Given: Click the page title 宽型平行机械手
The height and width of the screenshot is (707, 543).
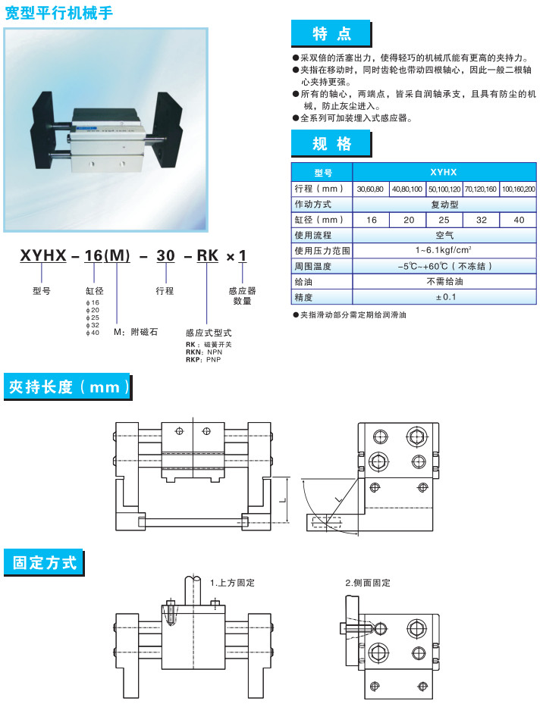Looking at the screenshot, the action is [58, 13].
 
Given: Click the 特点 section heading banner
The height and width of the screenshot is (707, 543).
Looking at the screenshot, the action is [331, 33].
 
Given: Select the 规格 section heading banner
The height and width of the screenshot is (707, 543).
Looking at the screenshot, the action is [331, 143].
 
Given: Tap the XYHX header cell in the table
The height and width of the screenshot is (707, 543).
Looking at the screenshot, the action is [444, 172].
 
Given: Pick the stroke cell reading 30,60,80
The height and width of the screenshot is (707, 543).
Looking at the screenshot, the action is [370, 189].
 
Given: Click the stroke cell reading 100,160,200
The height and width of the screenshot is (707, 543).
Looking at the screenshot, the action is [519, 189].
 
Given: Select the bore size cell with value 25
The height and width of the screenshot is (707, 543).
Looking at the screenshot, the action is [444, 220].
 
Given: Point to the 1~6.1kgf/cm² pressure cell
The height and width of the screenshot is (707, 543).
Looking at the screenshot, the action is [443, 250].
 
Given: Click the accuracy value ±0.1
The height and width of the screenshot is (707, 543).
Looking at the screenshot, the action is [445, 297].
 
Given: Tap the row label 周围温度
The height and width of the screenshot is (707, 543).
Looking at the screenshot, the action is [312, 267].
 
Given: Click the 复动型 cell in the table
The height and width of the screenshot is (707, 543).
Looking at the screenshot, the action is [444, 205].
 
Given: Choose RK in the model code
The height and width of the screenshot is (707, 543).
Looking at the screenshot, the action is [208, 255].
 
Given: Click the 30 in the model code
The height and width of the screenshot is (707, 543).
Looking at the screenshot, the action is [165, 255].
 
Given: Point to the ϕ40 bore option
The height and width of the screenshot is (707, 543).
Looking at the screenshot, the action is [93, 333].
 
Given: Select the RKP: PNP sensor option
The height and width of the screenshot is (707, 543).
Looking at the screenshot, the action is [203, 360].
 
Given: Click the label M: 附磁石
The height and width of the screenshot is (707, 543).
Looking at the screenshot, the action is [136, 332].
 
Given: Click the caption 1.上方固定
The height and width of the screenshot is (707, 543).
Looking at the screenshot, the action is [233, 583].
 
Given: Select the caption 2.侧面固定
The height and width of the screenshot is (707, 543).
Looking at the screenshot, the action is [368, 583].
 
